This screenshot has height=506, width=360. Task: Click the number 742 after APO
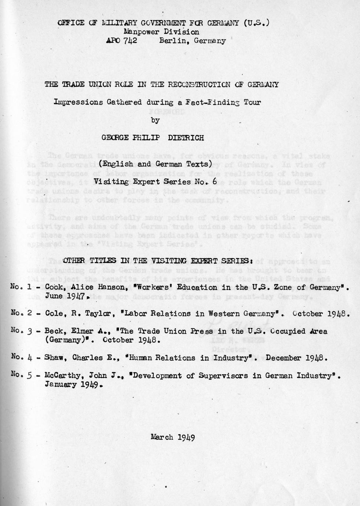click(x=130, y=41)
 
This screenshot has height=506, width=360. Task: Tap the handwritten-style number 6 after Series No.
click(x=220, y=181)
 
